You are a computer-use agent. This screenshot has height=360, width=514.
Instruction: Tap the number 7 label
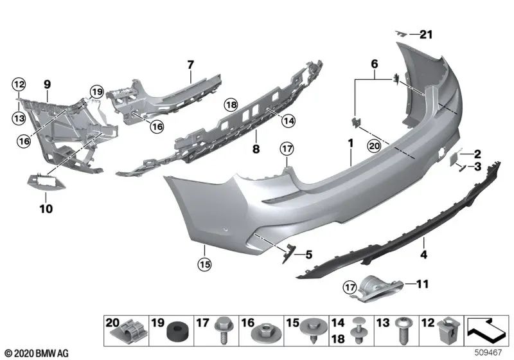190,64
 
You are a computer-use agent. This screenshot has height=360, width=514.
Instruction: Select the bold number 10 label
47,208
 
